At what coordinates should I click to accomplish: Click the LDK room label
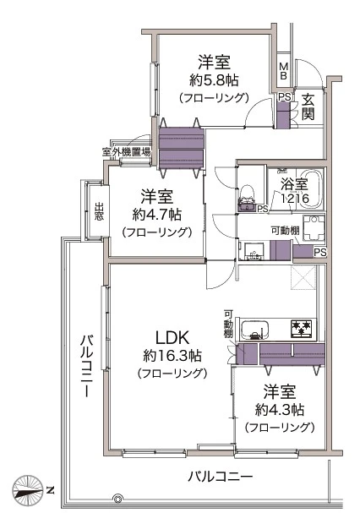[x=172, y=338]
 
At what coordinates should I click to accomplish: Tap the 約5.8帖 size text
[x=214, y=80]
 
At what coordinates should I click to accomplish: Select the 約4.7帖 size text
[x=157, y=215]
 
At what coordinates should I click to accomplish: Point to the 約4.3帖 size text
[x=280, y=410]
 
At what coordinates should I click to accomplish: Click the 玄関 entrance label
[x=308, y=106]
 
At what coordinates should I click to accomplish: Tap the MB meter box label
[x=283, y=71]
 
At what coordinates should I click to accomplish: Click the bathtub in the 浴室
[x=311, y=188]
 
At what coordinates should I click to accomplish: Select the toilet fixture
[x=247, y=198]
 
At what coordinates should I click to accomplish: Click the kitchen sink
[x=254, y=330]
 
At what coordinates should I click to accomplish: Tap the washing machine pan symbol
[x=314, y=228]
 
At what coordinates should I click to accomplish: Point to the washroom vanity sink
[x=252, y=251]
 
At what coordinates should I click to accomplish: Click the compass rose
[x=28, y=489]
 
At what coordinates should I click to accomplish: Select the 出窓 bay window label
[x=100, y=211]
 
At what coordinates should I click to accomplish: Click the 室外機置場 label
[x=126, y=152]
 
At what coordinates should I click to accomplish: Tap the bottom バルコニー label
[x=221, y=477]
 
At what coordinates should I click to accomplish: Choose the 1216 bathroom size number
[x=295, y=198]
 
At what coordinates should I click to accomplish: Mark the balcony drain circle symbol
[x=117, y=499]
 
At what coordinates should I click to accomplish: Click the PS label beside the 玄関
[x=284, y=97]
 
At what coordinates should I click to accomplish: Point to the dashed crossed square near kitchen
[x=303, y=277]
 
